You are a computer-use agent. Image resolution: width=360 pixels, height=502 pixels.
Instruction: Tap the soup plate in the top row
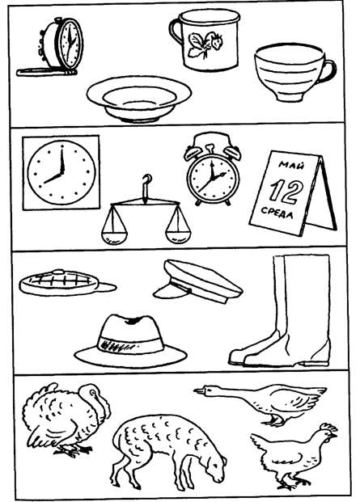coord(139,99)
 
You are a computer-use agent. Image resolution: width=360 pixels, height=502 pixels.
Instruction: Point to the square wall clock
coord(61,172)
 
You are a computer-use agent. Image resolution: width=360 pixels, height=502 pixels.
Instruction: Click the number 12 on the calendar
coord(285,192)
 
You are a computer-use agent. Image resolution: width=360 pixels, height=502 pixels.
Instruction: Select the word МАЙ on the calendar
coord(291,166)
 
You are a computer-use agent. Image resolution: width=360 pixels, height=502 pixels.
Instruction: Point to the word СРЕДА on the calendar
coord(277,213)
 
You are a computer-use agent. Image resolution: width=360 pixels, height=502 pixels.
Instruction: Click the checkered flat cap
coord(68,283)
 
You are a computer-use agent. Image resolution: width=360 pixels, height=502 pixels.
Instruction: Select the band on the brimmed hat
coord(130,344)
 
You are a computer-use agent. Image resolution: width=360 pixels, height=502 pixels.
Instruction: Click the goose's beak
coord(199,390)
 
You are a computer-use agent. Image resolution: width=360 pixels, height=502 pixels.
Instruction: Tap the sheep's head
coord(214,467)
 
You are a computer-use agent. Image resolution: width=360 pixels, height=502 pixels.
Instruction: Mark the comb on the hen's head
coord(329,427)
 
